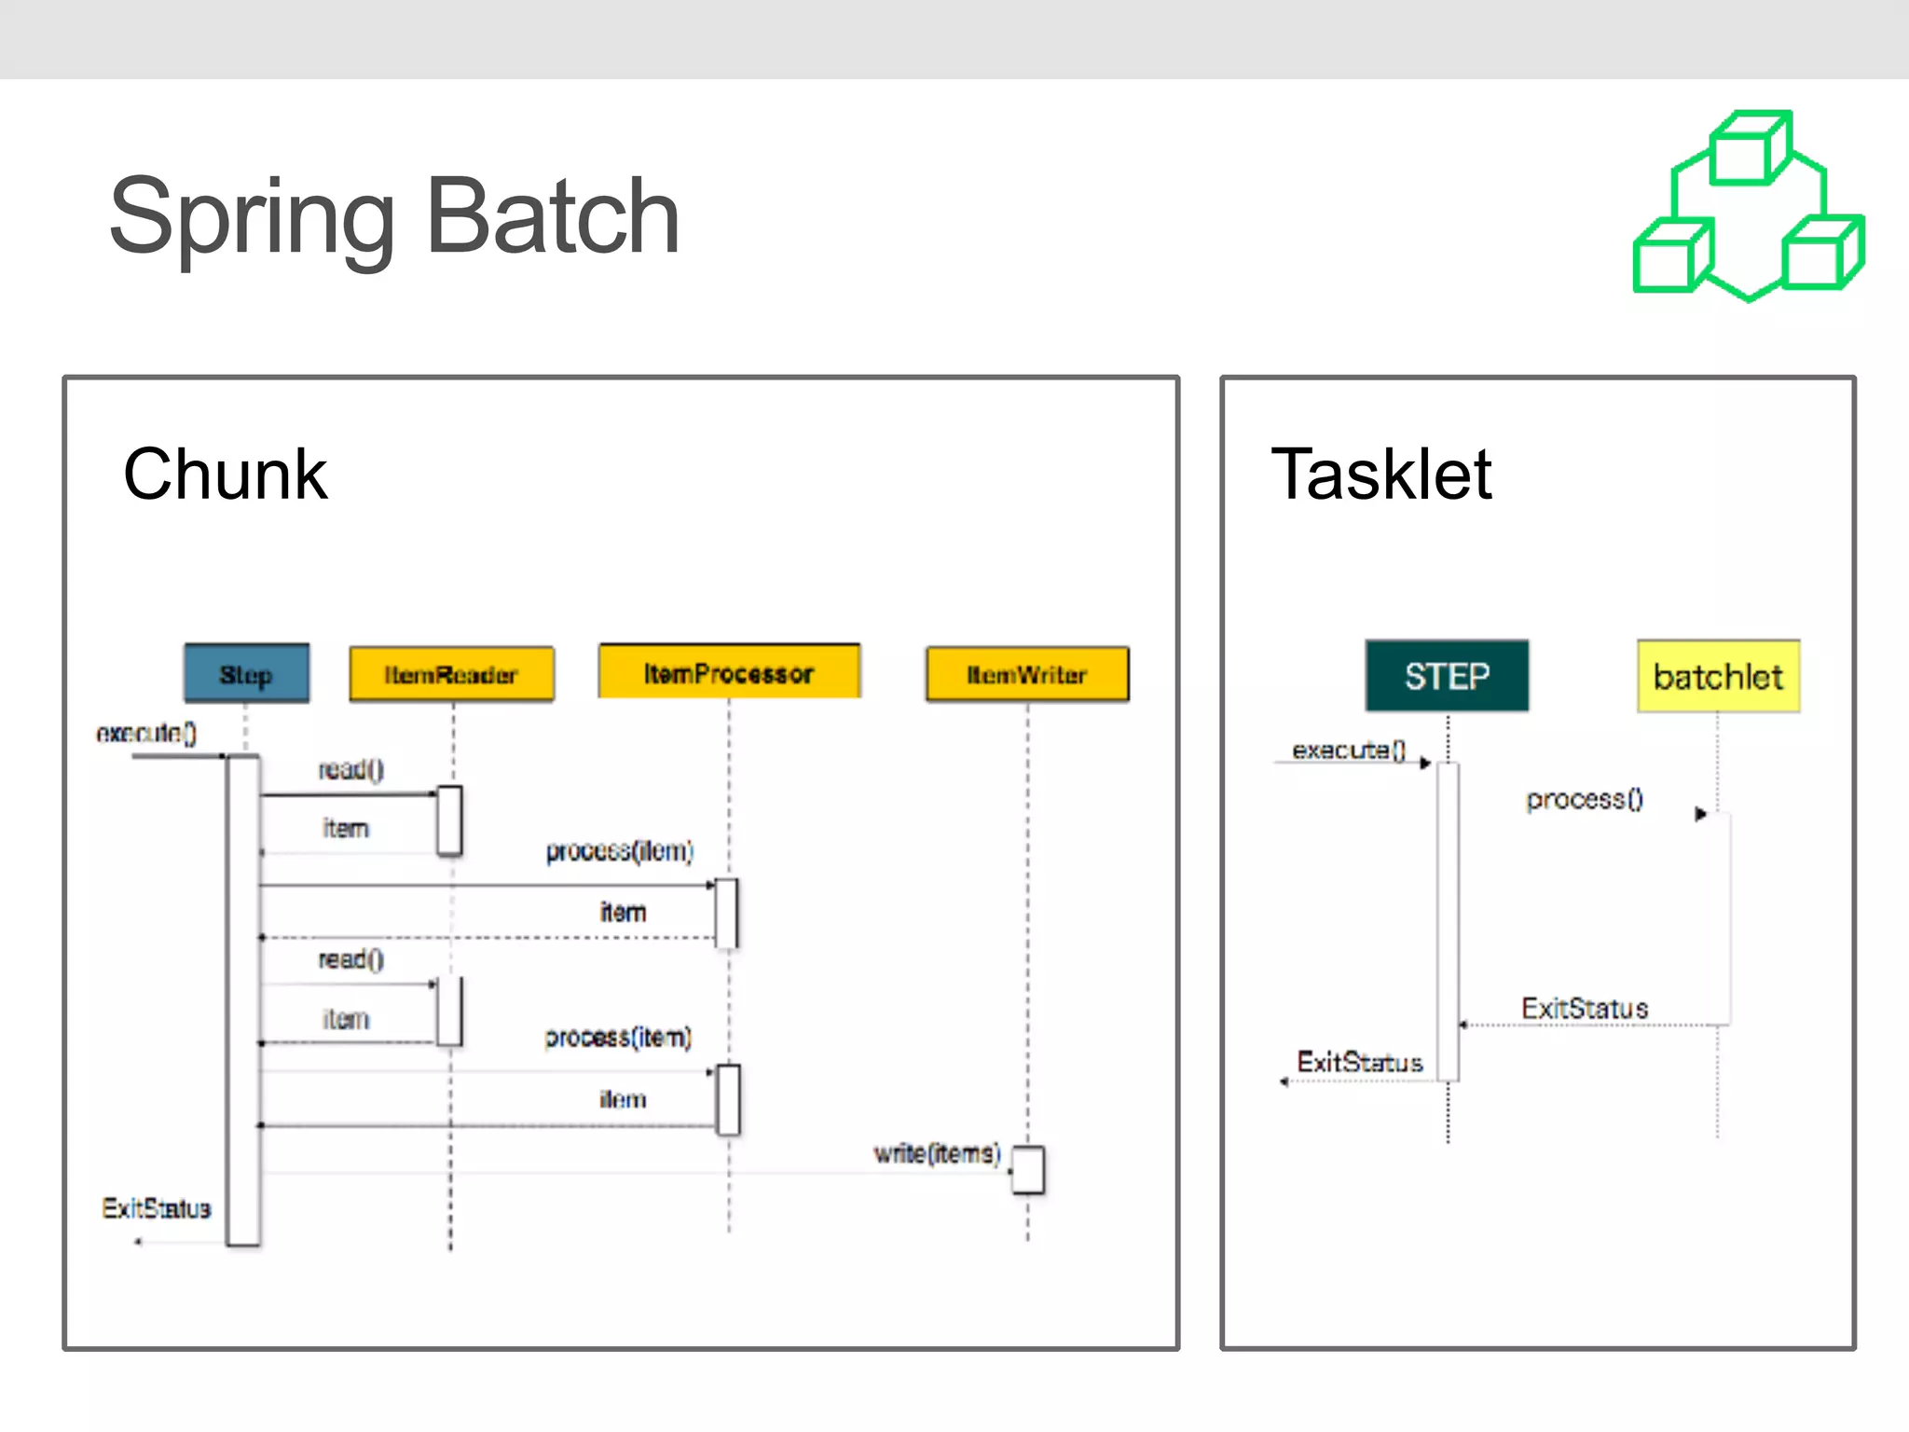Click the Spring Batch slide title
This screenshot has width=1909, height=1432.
click(x=394, y=216)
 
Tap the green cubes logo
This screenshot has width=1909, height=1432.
click(x=1749, y=207)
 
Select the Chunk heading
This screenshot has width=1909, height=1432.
click(x=225, y=475)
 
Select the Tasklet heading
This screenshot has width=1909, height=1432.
click(x=1380, y=475)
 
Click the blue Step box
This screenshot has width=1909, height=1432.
click(x=246, y=673)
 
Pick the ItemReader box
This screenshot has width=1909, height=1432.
click(x=451, y=674)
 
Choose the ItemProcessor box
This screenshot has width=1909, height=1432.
click(x=729, y=672)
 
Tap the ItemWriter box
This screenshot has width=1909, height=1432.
click(x=1026, y=674)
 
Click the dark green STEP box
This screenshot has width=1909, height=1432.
click(x=1447, y=676)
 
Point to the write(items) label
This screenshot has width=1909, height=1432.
click(x=936, y=1153)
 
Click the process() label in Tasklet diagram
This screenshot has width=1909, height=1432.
click(x=1584, y=799)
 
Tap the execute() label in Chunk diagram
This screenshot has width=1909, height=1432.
click(x=146, y=734)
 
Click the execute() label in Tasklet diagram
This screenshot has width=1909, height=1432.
click(x=1348, y=750)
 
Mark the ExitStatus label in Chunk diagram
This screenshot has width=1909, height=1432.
click(x=157, y=1208)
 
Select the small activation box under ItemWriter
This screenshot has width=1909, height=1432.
click(x=1027, y=1170)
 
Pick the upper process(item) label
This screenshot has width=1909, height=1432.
click(x=620, y=850)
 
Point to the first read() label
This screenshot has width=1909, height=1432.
click(x=350, y=769)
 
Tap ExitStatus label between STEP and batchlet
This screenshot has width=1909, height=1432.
click(x=1585, y=1008)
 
